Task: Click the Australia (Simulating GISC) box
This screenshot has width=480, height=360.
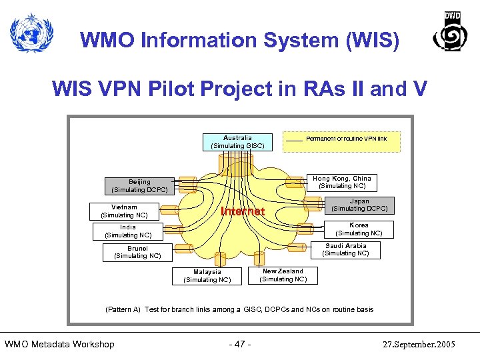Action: click(237, 141)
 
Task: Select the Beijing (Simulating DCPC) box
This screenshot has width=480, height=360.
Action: click(139, 185)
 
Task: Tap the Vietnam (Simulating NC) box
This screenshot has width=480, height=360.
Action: click(124, 211)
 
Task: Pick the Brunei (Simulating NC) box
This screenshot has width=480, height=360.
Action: click(137, 252)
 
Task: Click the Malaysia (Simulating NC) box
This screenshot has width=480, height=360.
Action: click(207, 275)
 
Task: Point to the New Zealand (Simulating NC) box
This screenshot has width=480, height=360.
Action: click(283, 275)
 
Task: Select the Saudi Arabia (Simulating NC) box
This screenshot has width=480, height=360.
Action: click(345, 249)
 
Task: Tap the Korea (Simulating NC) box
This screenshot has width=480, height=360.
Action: click(359, 229)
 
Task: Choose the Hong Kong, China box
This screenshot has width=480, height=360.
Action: click(342, 182)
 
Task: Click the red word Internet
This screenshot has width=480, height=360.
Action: click(243, 211)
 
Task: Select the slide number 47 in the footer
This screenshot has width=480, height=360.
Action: click(240, 344)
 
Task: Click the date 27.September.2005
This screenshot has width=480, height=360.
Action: click(419, 344)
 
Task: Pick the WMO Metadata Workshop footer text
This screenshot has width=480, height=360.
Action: click(59, 344)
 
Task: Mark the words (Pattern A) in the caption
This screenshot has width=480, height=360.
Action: click(123, 309)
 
